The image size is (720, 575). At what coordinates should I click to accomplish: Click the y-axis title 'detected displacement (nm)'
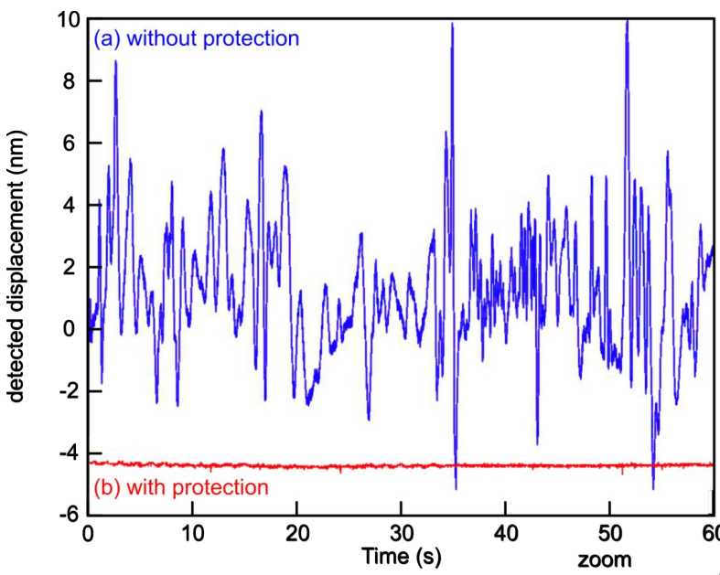click(16, 266)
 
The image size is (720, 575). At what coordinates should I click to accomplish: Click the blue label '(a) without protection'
click(197, 38)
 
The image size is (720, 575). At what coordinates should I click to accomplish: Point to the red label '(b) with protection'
click(181, 487)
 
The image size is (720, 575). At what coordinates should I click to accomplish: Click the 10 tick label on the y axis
click(68, 19)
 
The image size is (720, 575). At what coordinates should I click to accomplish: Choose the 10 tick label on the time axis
click(191, 533)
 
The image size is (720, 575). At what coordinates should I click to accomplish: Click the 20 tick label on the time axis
click(296, 533)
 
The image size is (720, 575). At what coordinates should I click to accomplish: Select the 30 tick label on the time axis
click(400, 533)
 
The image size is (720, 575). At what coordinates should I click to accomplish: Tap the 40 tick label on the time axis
click(504, 533)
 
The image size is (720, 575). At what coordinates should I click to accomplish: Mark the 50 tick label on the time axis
click(608, 533)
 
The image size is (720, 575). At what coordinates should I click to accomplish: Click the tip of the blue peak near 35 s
click(452, 24)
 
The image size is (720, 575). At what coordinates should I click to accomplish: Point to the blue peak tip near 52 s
click(627, 20)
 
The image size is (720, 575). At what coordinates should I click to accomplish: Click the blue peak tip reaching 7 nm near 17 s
click(261, 112)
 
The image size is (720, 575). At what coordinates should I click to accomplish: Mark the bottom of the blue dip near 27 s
click(369, 419)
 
